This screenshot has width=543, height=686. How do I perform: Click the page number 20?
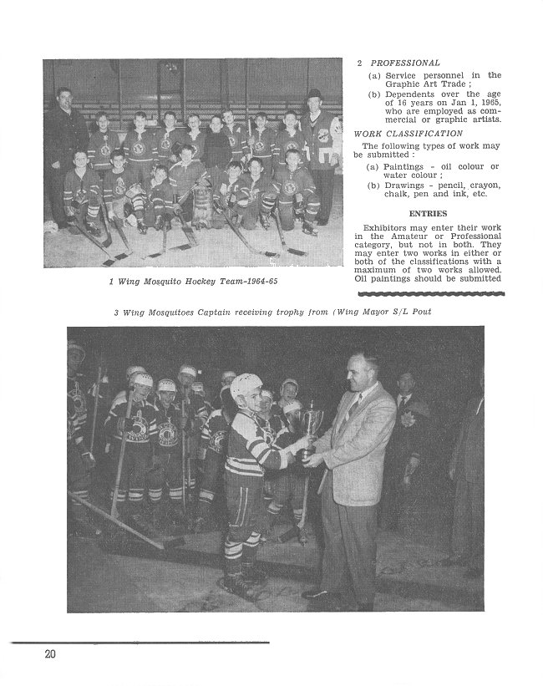[x=50, y=654]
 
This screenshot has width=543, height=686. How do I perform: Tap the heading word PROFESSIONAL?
[x=405, y=63]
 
